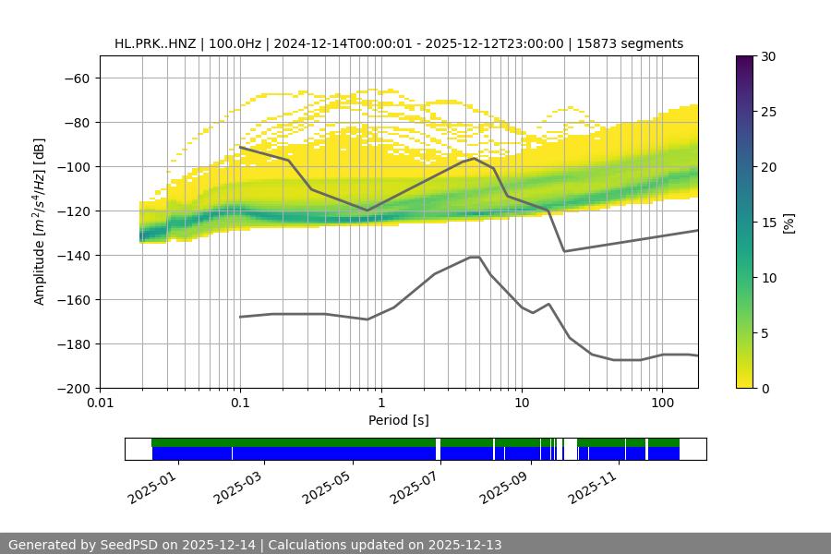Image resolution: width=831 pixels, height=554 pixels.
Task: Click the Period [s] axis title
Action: tap(398, 421)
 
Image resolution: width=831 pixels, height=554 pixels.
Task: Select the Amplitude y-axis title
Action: tap(39, 222)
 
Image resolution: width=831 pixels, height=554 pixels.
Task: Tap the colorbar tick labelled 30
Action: tap(767, 56)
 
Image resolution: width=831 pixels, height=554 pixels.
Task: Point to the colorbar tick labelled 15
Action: tap(767, 223)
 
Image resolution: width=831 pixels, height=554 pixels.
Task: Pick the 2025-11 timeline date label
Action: tap(590, 484)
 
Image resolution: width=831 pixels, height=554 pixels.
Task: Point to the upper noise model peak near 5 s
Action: tap(475, 158)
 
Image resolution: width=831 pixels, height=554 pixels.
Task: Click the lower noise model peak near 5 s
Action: tap(475, 257)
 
